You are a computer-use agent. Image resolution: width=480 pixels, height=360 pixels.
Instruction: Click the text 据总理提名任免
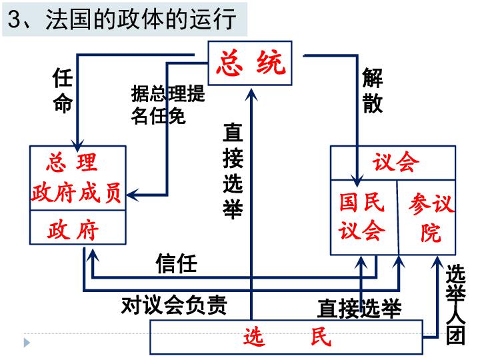click(167, 105)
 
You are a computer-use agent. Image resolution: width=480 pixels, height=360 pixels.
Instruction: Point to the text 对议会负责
click(175, 305)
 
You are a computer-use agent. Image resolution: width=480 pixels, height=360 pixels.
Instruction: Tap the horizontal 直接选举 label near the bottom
click(359, 309)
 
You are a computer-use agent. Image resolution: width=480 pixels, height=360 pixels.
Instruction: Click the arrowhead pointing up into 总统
click(251, 91)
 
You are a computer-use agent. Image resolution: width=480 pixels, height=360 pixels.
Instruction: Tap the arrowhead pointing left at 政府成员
click(131, 195)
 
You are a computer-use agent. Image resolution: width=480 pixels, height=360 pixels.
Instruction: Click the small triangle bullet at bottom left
click(27, 342)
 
